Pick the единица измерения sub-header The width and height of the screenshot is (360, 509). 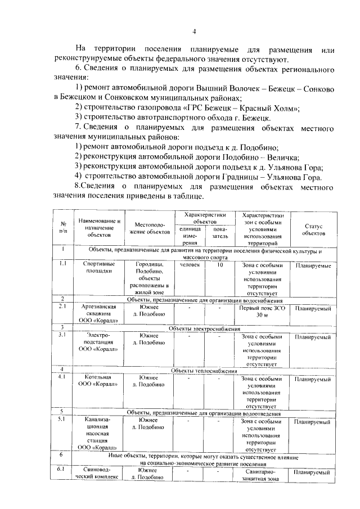(189, 236)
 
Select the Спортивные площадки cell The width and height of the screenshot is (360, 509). (100, 268)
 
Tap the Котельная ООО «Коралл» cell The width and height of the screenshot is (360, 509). (100, 381)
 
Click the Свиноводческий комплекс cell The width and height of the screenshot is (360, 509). (100, 473)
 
